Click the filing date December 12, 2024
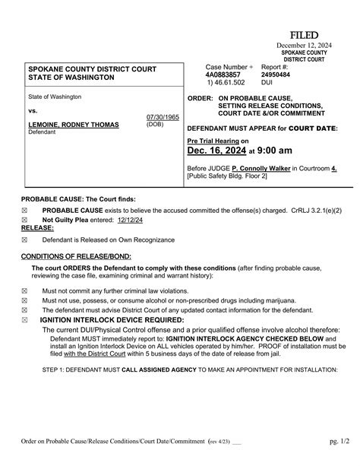[303, 46]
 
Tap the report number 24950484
[275, 76]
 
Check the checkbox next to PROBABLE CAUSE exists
[24, 209]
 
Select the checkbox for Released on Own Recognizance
[24, 239]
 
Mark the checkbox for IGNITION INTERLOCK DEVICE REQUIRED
[24, 321]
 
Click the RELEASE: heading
[37, 227]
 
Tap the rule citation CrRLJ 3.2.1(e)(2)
[309, 209]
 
